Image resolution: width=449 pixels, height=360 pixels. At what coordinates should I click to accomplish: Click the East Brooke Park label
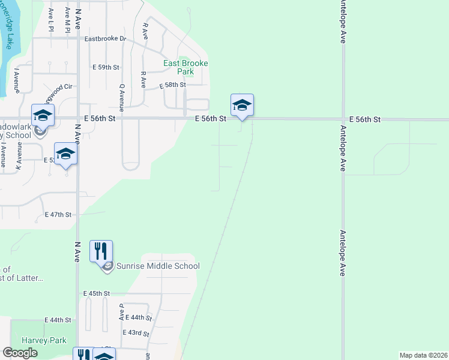[186, 67]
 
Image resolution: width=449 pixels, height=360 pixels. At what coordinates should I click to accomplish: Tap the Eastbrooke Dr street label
[105, 39]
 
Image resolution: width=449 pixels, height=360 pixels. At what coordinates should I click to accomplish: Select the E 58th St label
[172, 85]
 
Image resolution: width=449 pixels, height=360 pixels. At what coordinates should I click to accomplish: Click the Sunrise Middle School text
[157, 266]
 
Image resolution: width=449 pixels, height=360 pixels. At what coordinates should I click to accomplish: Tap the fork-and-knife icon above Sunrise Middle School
[101, 251]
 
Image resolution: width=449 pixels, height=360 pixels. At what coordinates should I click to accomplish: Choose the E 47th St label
[58, 214]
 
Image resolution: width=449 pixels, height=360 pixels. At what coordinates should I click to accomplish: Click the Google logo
[20, 353]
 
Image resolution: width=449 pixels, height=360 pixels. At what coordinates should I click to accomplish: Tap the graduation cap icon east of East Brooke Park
[242, 105]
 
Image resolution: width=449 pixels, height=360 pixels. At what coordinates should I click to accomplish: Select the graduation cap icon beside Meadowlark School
[43, 115]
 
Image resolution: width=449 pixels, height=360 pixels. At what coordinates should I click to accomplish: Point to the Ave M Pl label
[68, 14]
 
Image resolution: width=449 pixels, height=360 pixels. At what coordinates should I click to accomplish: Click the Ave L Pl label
[51, 18]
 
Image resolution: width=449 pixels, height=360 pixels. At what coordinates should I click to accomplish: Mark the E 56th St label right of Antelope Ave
[364, 119]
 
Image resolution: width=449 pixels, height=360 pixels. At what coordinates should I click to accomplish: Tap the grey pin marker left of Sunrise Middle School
[107, 266]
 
